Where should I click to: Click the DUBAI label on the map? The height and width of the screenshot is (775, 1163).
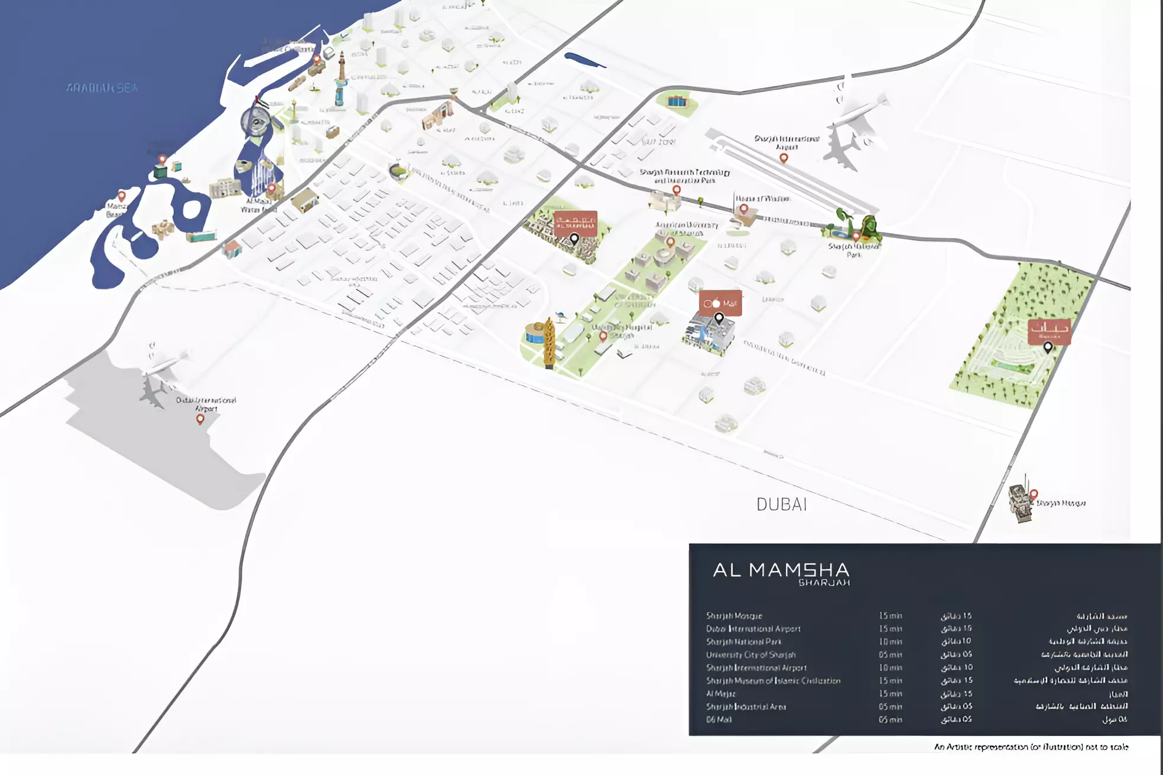tap(781, 504)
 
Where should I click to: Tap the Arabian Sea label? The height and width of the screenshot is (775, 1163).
tap(102, 88)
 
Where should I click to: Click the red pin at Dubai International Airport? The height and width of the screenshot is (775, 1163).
tap(200, 419)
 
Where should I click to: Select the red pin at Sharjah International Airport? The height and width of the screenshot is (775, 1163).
tap(784, 158)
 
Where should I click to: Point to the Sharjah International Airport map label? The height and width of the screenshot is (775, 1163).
tap(787, 142)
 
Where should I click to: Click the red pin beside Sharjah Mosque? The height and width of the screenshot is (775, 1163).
tap(1034, 494)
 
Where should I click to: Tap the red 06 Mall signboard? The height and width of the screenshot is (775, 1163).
tap(720, 303)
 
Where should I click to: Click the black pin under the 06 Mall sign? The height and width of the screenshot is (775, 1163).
tap(719, 318)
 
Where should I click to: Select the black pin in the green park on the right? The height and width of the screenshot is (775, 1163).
tap(1048, 347)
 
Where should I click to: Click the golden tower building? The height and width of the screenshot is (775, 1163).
tap(549, 343)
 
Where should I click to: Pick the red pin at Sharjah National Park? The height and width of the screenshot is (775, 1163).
tap(856, 236)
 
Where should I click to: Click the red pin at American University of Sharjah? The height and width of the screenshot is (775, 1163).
tap(670, 242)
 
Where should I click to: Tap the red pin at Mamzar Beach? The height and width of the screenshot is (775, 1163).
tap(122, 196)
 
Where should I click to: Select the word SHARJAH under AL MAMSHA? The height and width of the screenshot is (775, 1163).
tap(824, 583)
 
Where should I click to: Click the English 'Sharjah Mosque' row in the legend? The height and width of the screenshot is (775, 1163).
tap(734, 616)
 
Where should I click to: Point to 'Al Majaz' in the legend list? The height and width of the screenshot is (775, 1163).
tap(721, 693)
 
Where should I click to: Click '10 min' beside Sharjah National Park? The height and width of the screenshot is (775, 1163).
tap(890, 642)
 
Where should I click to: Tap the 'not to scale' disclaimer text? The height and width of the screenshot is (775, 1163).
tap(1031, 747)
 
